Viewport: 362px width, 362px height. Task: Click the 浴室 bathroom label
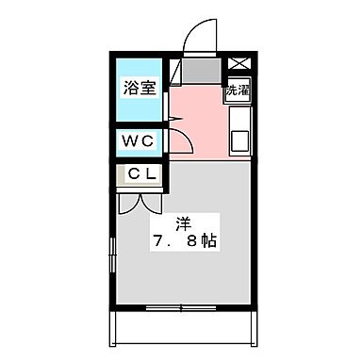[x=140, y=90]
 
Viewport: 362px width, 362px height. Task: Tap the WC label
[x=140, y=141]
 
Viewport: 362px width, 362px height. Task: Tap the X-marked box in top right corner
[x=237, y=63]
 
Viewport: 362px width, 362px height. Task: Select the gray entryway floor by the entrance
[x=198, y=71]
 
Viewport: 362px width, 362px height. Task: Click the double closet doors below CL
[x=133, y=201]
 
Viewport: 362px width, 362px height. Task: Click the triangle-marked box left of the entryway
[x=174, y=71]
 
